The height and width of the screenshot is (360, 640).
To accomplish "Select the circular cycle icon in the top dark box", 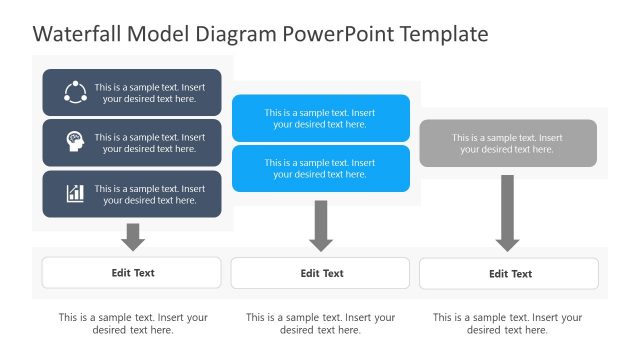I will tap(75, 93).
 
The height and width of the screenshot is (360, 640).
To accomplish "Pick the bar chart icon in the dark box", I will tap(75, 193).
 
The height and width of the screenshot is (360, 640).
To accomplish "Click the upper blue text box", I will tap(320, 118).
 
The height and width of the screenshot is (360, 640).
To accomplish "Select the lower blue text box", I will tap(320, 168).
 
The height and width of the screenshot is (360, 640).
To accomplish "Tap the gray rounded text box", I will tap(508, 143).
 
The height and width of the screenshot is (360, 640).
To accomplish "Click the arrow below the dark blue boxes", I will tap(132, 236).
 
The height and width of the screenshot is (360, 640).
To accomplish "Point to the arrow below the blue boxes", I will tap(320, 226).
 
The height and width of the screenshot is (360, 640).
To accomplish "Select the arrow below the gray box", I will tap(508, 213).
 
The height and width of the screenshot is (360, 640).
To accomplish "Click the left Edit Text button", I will tap(132, 272).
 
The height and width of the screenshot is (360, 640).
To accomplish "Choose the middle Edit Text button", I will tap(320, 273).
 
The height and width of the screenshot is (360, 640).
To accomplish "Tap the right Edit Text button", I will tap(509, 273).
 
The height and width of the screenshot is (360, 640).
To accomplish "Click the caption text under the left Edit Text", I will tap(133, 323).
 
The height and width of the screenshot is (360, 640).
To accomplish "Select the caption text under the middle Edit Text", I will tap(320, 323).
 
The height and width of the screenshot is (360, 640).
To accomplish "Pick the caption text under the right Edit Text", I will tap(508, 323).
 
